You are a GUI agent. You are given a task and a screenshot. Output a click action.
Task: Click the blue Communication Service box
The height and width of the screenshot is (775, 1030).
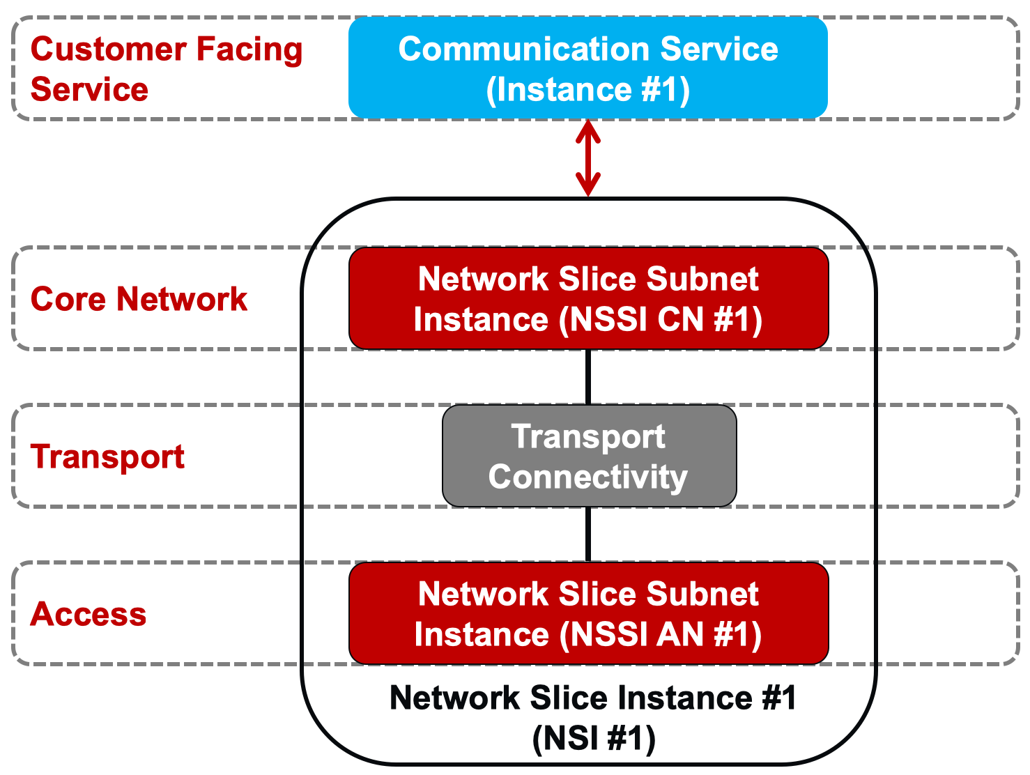pos(587,68)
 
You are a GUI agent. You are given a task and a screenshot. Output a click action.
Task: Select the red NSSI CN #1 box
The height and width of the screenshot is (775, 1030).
pos(588,298)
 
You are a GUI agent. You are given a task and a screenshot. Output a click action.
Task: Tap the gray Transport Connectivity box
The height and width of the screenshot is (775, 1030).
pos(589,456)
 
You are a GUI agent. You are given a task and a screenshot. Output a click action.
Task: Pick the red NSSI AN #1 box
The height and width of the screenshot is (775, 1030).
pos(588,613)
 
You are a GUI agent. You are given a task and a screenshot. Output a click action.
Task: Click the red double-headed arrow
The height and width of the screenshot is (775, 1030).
pos(588,158)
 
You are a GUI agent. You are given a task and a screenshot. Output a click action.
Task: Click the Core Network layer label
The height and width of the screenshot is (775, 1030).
pos(139,299)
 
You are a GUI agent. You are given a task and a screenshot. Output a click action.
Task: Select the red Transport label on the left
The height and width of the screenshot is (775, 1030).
pos(107,457)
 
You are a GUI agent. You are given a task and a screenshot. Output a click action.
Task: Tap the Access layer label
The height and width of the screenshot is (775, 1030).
pos(89,614)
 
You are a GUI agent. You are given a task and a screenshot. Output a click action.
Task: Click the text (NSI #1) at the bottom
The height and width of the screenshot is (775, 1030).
pos(594,738)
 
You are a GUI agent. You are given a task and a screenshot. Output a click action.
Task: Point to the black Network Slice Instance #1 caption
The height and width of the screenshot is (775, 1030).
pos(592,698)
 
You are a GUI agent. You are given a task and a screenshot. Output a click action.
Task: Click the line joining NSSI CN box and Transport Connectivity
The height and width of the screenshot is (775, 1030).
pos(588,377)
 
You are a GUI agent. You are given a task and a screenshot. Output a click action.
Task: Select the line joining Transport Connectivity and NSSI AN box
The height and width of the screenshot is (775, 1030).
pos(588,535)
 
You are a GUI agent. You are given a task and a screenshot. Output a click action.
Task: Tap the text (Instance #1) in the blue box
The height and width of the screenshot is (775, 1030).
pos(588,90)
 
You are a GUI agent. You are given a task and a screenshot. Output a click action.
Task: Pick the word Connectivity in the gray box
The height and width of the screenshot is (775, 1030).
pos(588,477)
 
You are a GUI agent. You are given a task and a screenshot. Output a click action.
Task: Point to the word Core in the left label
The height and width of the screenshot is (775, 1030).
pos(68,299)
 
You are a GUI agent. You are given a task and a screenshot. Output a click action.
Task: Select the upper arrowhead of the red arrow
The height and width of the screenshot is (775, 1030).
pos(588,131)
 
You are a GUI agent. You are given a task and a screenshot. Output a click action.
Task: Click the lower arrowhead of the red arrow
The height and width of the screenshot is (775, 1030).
pos(588,185)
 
